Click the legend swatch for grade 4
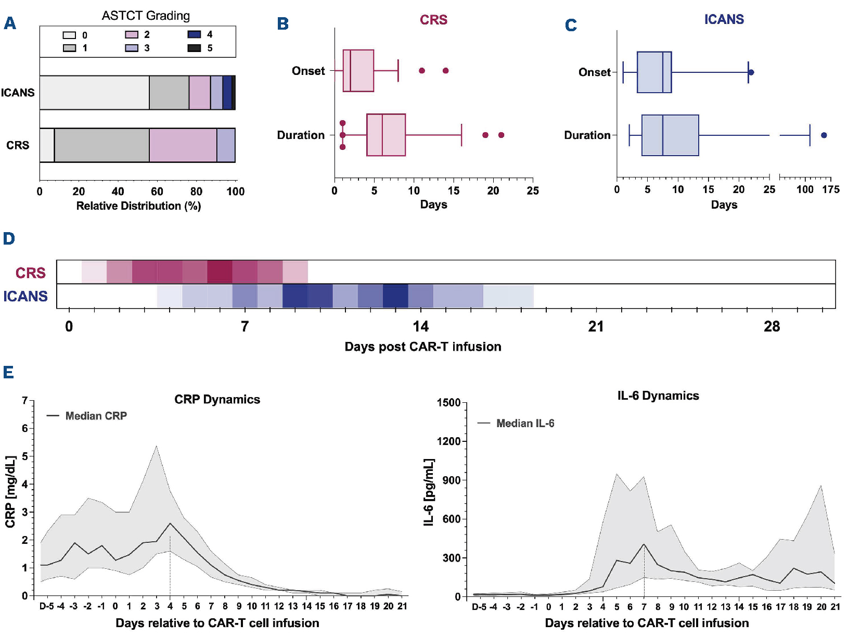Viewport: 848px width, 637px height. coord(194,34)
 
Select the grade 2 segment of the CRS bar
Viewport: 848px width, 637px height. coord(183,145)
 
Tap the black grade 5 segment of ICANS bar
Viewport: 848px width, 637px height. coord(234,93)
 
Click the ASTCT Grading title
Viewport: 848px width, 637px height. coord(146,16)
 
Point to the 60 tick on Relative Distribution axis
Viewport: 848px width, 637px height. coord(157,191)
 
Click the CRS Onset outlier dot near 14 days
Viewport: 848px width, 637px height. coord(446,71)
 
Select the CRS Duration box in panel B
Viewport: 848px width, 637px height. coord(386,135)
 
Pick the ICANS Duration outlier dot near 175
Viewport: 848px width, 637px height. coord(824,135)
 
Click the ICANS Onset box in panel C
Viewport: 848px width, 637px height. coord(654,72)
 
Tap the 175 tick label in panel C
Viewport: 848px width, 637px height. coord(831,189)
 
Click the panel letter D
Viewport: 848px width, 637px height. coord(9,239)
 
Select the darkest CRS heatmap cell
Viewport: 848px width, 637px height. coord(220,272)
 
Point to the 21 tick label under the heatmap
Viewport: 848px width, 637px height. coord(596,327)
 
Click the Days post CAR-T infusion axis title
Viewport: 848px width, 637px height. coord(423,347)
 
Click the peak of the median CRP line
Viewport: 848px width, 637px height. coord(170,524)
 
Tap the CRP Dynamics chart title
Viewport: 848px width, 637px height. coord(217,399)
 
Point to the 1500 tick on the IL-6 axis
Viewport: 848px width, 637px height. coord(448,403)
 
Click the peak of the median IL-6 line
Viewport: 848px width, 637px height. coord(644,544)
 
